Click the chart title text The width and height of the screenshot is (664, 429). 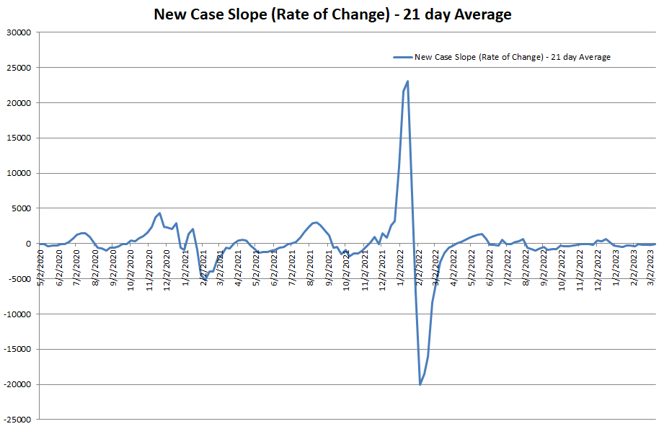click(332, 14)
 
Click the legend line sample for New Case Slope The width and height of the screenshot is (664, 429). click(402, 57)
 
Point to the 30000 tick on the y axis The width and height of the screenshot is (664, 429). click(19, 32)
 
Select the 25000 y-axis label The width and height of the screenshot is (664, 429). click(19, 68)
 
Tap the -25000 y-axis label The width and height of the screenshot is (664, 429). click(18, 419)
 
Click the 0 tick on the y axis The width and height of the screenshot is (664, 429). click(29, 244)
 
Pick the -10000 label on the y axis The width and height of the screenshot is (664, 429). click(18, 314)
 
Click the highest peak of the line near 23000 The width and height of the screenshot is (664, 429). click(408, 81)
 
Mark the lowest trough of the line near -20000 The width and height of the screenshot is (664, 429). click(420, 384)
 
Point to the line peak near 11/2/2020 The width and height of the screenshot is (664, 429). click(159, 213)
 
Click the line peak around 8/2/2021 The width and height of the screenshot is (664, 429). click(316, 222)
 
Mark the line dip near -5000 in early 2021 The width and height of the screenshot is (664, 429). click(205, 278)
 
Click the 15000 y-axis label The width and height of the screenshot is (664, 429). click(19, 138)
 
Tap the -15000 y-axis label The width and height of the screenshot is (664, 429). click(18, 349)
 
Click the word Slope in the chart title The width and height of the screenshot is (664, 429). click(259, 14)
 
